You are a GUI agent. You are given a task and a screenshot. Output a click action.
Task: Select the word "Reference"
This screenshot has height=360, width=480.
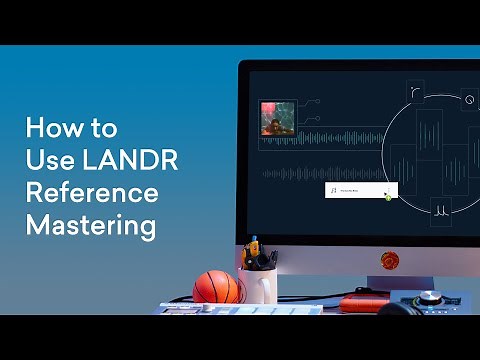[x=92, y=193]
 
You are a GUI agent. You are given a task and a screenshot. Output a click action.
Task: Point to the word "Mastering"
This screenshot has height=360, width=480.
[x=90, y=225]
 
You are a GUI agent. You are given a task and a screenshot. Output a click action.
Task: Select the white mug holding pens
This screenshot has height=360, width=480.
[x=258, y=285]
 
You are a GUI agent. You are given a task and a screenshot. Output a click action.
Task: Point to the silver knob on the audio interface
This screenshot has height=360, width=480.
[x=431, y=299]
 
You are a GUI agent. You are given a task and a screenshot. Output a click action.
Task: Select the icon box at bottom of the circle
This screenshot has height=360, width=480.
[x=440, y=211]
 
